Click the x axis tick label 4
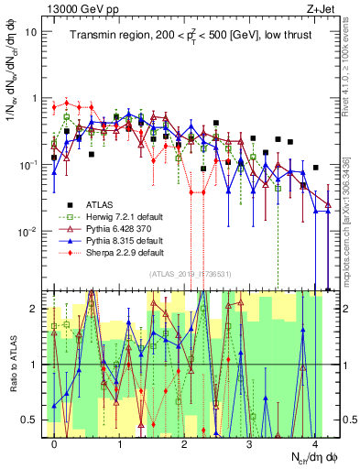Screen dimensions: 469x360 coord(313,444)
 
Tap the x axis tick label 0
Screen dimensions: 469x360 coord(55,444)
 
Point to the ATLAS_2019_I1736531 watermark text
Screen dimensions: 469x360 coord(191,274)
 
